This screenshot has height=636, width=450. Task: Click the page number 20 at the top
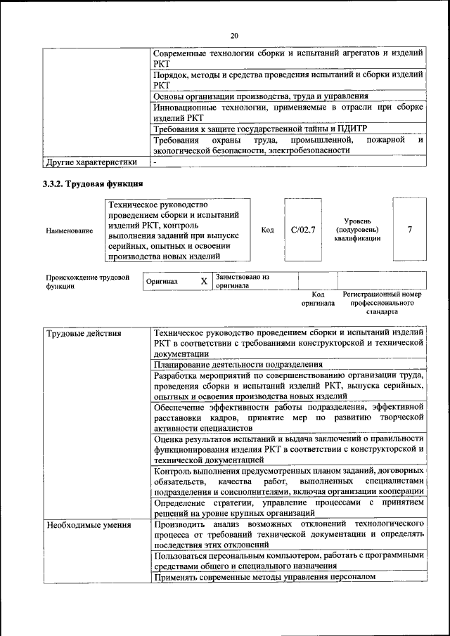[x=234, y=35]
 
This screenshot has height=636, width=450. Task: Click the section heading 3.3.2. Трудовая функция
[x=94, y=184]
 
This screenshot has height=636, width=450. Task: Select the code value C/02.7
[x=303, y=229]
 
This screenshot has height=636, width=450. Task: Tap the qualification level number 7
[x=410, y=229]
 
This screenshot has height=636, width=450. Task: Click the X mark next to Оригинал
[x=204, y=281]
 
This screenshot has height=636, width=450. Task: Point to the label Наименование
[x=69, y=230]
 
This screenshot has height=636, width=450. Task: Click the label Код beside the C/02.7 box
[x=267, y=229]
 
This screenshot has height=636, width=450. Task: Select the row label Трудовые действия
[x=84, y=333]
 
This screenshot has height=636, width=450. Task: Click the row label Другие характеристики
[x=91, y=162]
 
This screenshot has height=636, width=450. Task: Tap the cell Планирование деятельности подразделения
[x=238, y=364]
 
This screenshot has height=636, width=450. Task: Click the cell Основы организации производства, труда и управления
[x=260, y=96]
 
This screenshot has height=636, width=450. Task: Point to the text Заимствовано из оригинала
[x=243, y=281]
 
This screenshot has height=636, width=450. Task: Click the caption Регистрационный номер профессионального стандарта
[x=382, y=302]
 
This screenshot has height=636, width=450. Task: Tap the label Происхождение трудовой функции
[x=88, y=281]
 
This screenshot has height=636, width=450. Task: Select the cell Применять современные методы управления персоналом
[x=264, y=576]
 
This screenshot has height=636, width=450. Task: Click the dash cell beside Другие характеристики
[x=155, y=162]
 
